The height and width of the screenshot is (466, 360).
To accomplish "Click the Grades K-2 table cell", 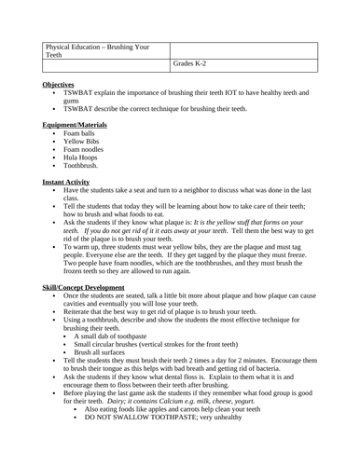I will pyautogui.click(x=189, y=62).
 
